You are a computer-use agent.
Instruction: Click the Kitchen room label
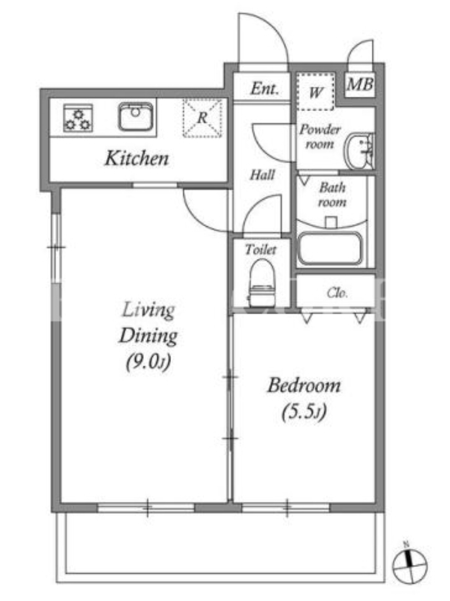coord(136,159)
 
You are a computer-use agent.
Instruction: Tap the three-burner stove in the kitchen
coord(78,118)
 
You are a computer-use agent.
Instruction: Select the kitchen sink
coord(136,116)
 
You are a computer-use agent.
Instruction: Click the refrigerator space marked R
coord(202,118)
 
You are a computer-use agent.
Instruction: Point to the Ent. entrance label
coord(265,89)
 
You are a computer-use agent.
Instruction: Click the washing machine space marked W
coord(316,91)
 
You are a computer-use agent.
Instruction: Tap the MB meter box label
coord(360,84)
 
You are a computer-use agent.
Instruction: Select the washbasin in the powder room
coord(358,152)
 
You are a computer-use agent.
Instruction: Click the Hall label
coord(262,175)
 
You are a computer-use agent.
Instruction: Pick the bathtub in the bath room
coord(330,249)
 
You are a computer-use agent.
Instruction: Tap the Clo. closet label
coord(337,293)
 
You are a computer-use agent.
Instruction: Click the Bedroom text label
coord(304,385)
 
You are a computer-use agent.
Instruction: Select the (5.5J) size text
coord(304,412)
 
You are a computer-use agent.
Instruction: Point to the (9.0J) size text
coord(148,361)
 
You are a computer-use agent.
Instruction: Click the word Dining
coord(148,336)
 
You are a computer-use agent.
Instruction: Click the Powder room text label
coord(319,137)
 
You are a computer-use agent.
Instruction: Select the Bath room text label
coord(332,195)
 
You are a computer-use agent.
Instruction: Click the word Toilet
coord(260,249)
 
